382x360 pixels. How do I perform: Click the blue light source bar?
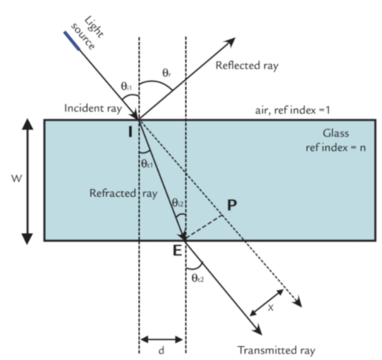pyautogui.click(x=71, y=41)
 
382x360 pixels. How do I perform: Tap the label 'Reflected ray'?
pyautogui.click(x=247, y=66)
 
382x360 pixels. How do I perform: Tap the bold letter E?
pyautogui.click(x=177, y=250)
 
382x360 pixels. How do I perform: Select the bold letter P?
pyautogui.click(x=232, y=206)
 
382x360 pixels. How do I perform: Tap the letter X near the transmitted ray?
pyautogui.click(x=270, y=308)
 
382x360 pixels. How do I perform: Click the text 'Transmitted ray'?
pyautogui.click(x=276, y=351)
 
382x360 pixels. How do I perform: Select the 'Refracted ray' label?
pyautogui.click(x=123, y=194)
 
